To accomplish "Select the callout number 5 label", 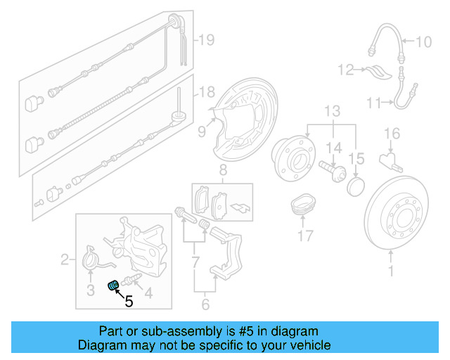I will click(x=129, y=302).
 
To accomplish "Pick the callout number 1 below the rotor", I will click(x=392, y=269).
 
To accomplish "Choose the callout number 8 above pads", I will click(x=222, y=169).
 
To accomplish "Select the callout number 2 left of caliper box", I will click(x=65, y=261).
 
